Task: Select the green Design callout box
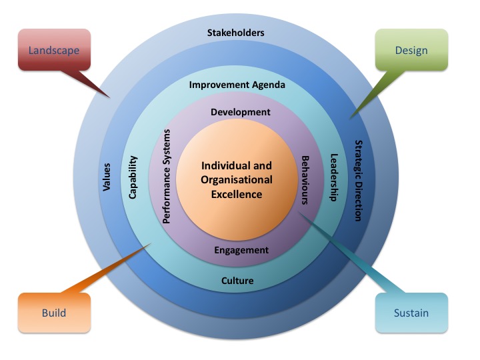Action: pos(411,50)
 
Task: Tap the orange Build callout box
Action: pos(53,313)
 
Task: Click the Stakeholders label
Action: pos(235,33)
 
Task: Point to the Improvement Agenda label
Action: pos(237,85)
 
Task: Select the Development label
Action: pos(241,112)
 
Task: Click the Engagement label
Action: pos(241,251)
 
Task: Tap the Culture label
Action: pos(237,281)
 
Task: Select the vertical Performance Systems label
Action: pos(167,176)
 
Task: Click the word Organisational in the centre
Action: pos(237,180)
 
